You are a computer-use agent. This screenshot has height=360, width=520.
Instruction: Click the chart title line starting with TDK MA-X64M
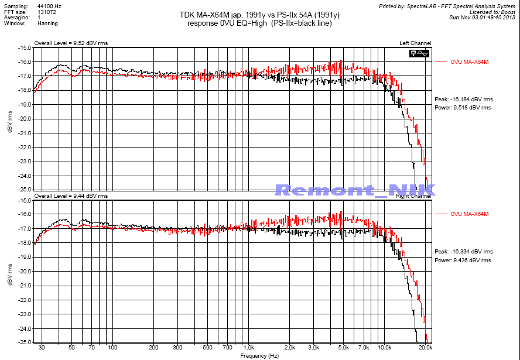[259, 15]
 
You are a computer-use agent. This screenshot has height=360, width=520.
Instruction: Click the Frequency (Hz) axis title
[259, 355]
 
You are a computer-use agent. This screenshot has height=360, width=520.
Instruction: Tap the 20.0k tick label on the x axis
[425, 348]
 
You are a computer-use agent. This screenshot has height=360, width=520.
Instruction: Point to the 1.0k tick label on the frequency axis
[248, 348]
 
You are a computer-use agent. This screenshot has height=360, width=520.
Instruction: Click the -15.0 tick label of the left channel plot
[24, 47]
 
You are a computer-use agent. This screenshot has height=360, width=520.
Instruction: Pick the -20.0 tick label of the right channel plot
[24, 272]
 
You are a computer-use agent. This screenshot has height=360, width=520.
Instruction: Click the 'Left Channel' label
[415, 43]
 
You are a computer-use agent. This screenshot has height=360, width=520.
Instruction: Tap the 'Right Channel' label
[415, 196]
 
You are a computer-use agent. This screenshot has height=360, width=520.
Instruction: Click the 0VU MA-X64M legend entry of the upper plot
[470, 61]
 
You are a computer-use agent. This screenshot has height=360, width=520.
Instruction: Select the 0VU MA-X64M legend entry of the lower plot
[470, 214]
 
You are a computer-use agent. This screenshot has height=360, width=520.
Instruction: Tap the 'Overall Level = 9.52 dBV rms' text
[71, 43]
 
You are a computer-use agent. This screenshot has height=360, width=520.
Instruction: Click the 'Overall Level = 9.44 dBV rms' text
[71, 196]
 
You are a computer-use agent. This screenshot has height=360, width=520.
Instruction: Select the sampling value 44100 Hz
[49, 5]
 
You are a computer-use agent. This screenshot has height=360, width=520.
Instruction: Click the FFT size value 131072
[47, 11]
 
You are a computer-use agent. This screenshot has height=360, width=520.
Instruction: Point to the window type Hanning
[47, 23]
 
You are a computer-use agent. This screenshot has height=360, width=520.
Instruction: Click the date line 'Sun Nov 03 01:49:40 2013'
[482, 17]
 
